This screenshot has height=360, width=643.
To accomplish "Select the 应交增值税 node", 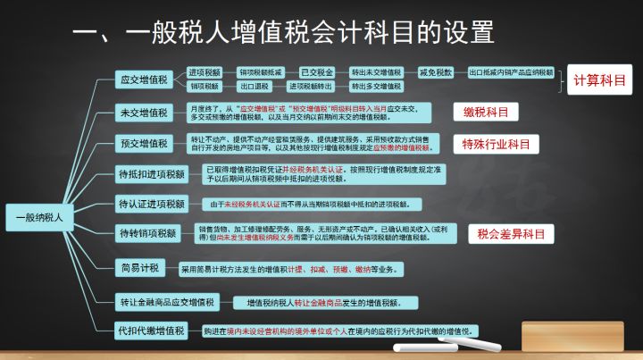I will point(143,80).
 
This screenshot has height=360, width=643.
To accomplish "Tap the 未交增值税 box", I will point(143,113).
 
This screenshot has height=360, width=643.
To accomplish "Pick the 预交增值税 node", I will point(143,143).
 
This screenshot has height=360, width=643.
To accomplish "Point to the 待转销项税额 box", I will point(146,234).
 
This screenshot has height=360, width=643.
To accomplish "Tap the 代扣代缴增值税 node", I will point(151,331).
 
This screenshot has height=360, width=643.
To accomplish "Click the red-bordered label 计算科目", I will point(599,80).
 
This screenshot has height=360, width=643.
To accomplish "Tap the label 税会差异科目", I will point(510,234).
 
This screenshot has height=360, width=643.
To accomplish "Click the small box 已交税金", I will point(315,71).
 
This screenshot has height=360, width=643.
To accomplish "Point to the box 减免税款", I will point(437,71).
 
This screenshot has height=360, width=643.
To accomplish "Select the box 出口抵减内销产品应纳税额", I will point(511,71).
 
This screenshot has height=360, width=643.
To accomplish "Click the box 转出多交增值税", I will point(375,88).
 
